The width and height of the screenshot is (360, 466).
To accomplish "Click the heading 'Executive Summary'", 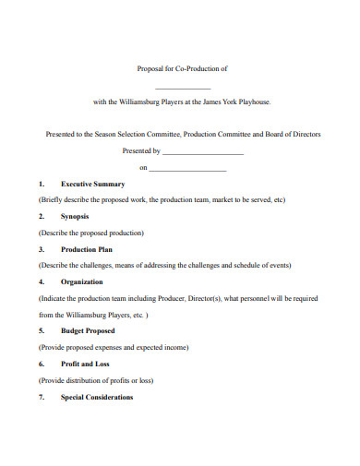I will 92,184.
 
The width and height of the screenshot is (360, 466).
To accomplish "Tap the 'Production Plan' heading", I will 88,249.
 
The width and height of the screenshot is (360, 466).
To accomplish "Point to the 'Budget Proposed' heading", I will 88,330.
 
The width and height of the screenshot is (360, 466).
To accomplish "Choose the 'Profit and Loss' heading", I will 84,364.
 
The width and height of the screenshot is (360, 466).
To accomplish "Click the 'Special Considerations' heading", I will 97,397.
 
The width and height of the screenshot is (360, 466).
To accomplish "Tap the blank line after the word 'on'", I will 187,170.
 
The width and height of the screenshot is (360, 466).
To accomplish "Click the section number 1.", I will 42,184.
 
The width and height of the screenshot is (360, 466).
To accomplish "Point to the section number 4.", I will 42,281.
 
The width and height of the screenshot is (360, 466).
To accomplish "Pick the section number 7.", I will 42,397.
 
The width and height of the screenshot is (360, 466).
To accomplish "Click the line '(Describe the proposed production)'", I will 90,233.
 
